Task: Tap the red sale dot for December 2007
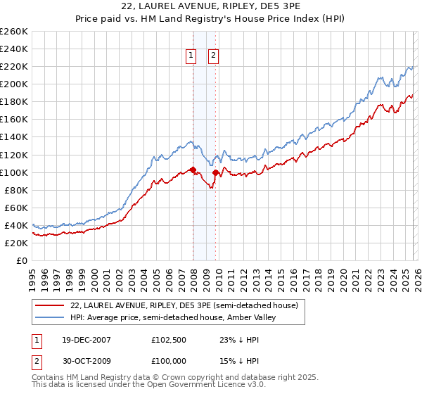click(x=193, y=170)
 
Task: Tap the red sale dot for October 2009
click(x=216, y=172)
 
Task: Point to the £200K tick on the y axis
click(x=13, y=84)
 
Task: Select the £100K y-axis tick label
click(x=13, y=172)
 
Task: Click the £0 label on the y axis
click(x=20, y=260)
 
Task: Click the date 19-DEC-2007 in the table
click(x=81, y=339)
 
